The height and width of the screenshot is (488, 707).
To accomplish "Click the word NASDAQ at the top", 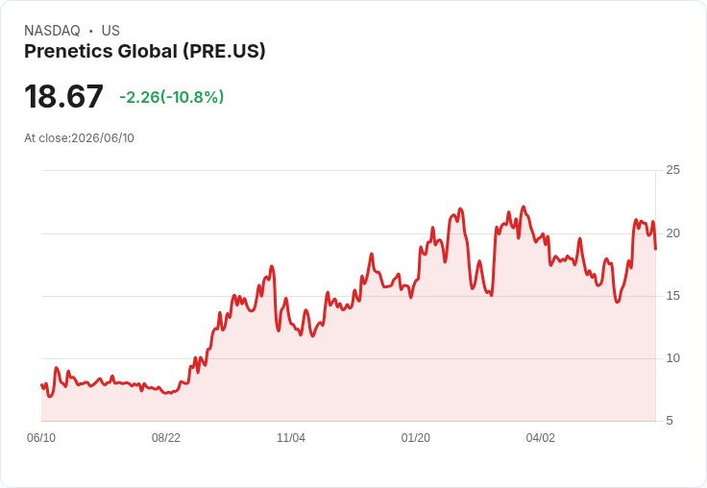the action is [x=52, y=31].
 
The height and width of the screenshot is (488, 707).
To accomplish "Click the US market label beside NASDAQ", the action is [x=110, y=31].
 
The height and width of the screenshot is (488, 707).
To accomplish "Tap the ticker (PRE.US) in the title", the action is [x=224, y=52].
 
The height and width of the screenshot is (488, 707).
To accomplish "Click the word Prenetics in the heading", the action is [x=68, y=52].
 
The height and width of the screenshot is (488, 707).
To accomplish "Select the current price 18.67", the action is [x=63, y=96].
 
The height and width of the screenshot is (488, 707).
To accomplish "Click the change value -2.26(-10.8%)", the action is [x=172, y=97].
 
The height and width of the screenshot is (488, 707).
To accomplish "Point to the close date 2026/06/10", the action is [x=103, y=138].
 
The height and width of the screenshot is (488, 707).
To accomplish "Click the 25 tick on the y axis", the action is [x=672, y=170].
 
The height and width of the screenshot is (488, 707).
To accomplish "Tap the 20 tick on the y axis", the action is [x=672, y=233].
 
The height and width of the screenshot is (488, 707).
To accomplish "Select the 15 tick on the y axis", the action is [x=672, y=296].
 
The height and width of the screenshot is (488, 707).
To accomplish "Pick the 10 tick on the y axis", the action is [x=672, y=358].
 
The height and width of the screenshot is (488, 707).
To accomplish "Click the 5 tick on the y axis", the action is [x=670, y=421].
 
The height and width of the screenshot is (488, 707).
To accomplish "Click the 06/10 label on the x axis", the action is [x=41, y=438].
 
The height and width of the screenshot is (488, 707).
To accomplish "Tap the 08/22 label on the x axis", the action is [x=166, y=438].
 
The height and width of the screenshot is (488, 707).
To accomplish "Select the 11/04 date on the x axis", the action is [x=291, y=438].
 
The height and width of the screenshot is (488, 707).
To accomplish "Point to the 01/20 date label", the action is [x=416, y=438].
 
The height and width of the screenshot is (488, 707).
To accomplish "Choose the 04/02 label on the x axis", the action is [x=540, y=438].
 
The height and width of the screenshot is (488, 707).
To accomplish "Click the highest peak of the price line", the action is [x=524, y=207].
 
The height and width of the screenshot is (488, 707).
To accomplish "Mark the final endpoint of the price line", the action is [x=655, y=249].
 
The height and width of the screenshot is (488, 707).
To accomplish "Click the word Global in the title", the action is [x=147, y=52].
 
